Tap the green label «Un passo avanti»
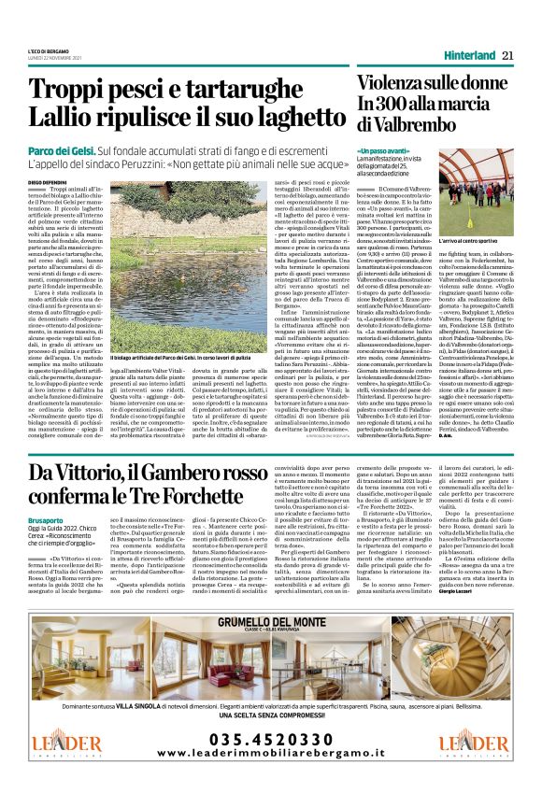(x=384, y=150)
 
